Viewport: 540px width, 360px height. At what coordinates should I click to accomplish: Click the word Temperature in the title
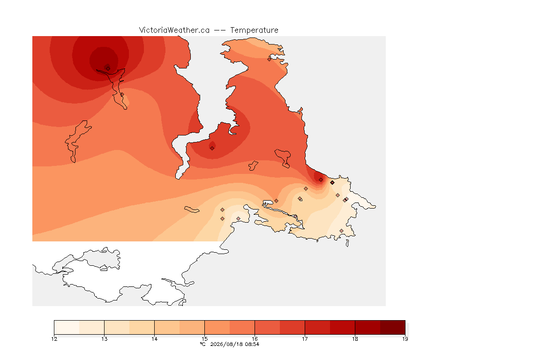coord(254,30)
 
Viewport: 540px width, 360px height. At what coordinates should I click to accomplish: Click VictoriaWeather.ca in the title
coord(174,30)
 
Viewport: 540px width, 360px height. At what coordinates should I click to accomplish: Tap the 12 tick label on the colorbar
coord(54,339)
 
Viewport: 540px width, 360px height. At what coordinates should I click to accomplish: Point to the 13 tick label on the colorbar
coord(105,339)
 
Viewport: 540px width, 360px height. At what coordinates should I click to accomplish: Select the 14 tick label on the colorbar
coord(154,339)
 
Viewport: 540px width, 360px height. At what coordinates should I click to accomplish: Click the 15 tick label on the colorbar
coord(204,339)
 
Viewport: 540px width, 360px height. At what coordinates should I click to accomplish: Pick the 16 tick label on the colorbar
coord(255,339)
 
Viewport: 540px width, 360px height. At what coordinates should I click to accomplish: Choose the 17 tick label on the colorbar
coord(305,339)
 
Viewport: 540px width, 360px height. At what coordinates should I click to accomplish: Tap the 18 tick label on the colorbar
coord(355,339)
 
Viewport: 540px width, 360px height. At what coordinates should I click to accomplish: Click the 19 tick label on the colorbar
coord(405,339)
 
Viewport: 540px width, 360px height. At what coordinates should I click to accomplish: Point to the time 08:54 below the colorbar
coord(252,344)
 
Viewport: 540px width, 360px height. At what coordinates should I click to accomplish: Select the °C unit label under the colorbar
coord(203,344)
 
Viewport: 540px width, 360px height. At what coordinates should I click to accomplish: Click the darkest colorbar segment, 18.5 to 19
coord(393,327)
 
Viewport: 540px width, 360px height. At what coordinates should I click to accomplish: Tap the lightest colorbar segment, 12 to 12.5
coord(67,327)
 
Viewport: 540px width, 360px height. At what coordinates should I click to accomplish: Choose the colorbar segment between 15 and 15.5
coord(217,327)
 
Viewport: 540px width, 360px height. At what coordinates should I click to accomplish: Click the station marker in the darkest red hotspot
coord(108,68)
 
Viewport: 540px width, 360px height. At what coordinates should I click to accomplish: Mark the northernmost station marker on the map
coord(270,59)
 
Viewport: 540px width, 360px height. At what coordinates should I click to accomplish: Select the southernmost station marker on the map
coord(341,231)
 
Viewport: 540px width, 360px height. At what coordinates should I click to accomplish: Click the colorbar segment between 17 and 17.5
coord(317,327)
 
